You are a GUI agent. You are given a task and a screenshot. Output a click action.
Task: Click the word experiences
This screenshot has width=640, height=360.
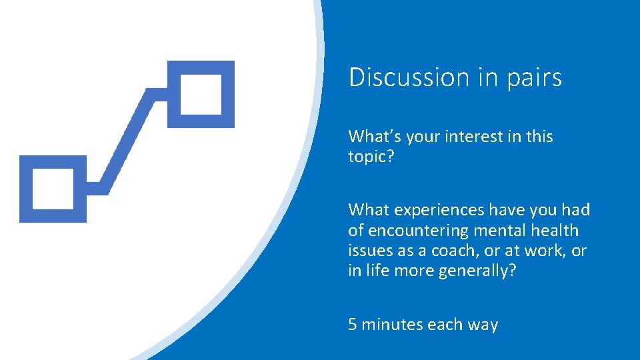point(439,211)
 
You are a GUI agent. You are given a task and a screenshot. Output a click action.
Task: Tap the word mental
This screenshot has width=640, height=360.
point(499,231)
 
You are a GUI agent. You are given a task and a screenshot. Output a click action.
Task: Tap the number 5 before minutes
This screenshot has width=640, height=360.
point(353,325)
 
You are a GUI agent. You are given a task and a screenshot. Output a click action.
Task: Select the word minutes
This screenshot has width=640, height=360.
point(392,325)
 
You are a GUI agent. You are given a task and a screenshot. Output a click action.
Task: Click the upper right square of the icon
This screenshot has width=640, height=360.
point(201,94)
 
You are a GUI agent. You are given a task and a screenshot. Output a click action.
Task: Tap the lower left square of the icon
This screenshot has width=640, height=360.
point(53,189)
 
